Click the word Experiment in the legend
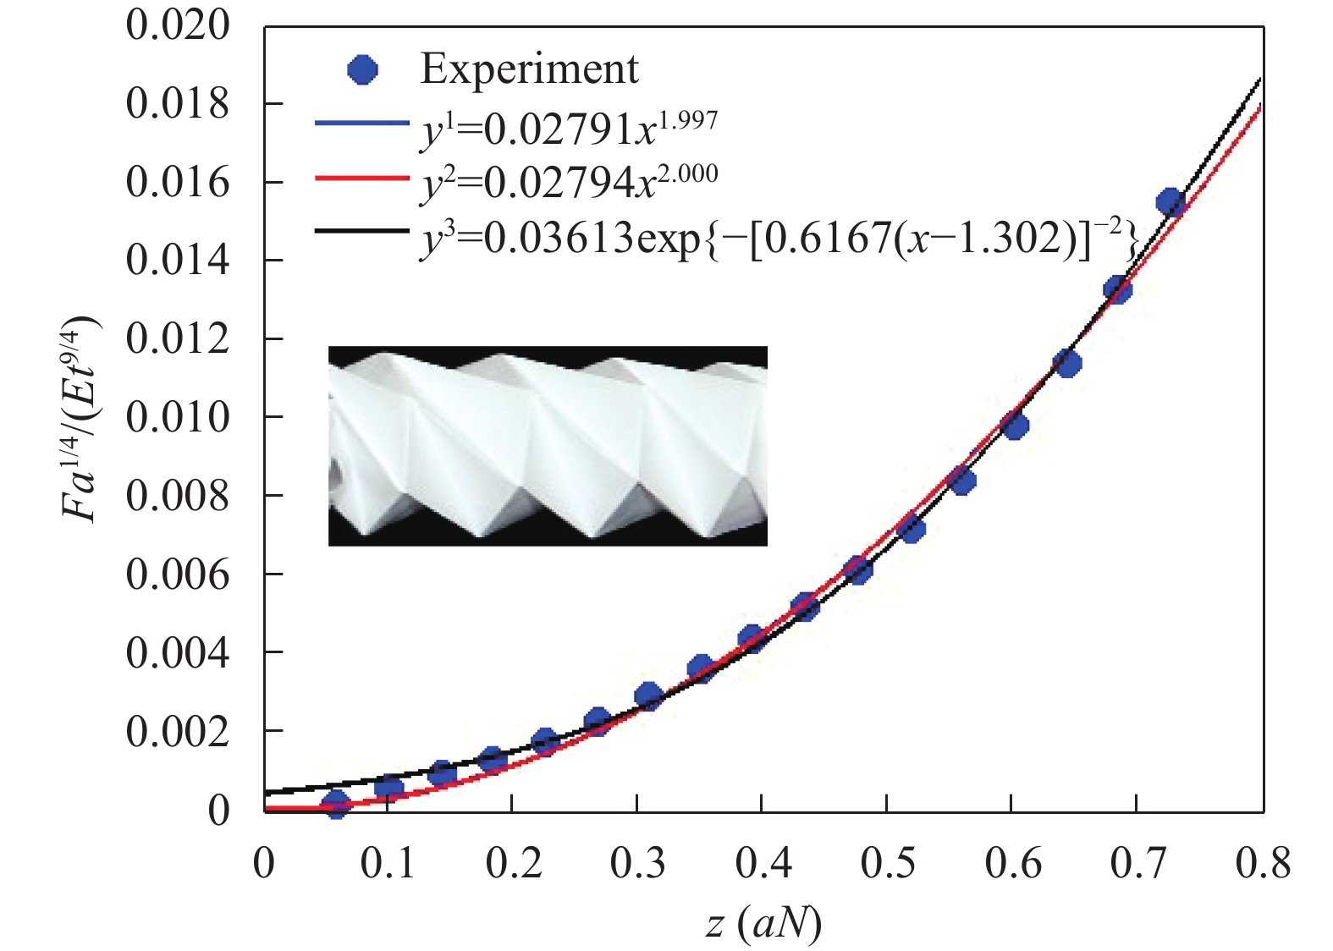tap(529, 69)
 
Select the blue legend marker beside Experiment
tap(363, 69)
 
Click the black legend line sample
tap(361, 231)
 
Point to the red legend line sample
tap(361, 178)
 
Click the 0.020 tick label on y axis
tap(177, 25)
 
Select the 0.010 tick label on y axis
tap(177, 417)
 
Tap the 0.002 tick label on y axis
tap(177, 731)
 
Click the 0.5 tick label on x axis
tap(886, 864)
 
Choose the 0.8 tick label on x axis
tap(1262, 864)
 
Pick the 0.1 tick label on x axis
tap(387, 864)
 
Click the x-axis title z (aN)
tap(763, 923)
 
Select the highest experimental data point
tap(1170, 203)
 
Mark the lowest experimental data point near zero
tap(336, 804)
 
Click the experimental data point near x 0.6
tap(1014, 425)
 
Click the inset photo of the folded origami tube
tap(548, 445)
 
